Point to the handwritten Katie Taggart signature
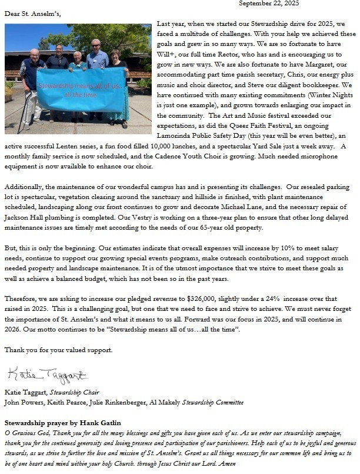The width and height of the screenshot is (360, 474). pos(47,374)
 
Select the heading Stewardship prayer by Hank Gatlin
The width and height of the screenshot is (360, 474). pos(62,423)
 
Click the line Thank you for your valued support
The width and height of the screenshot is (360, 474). pos(58,350)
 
